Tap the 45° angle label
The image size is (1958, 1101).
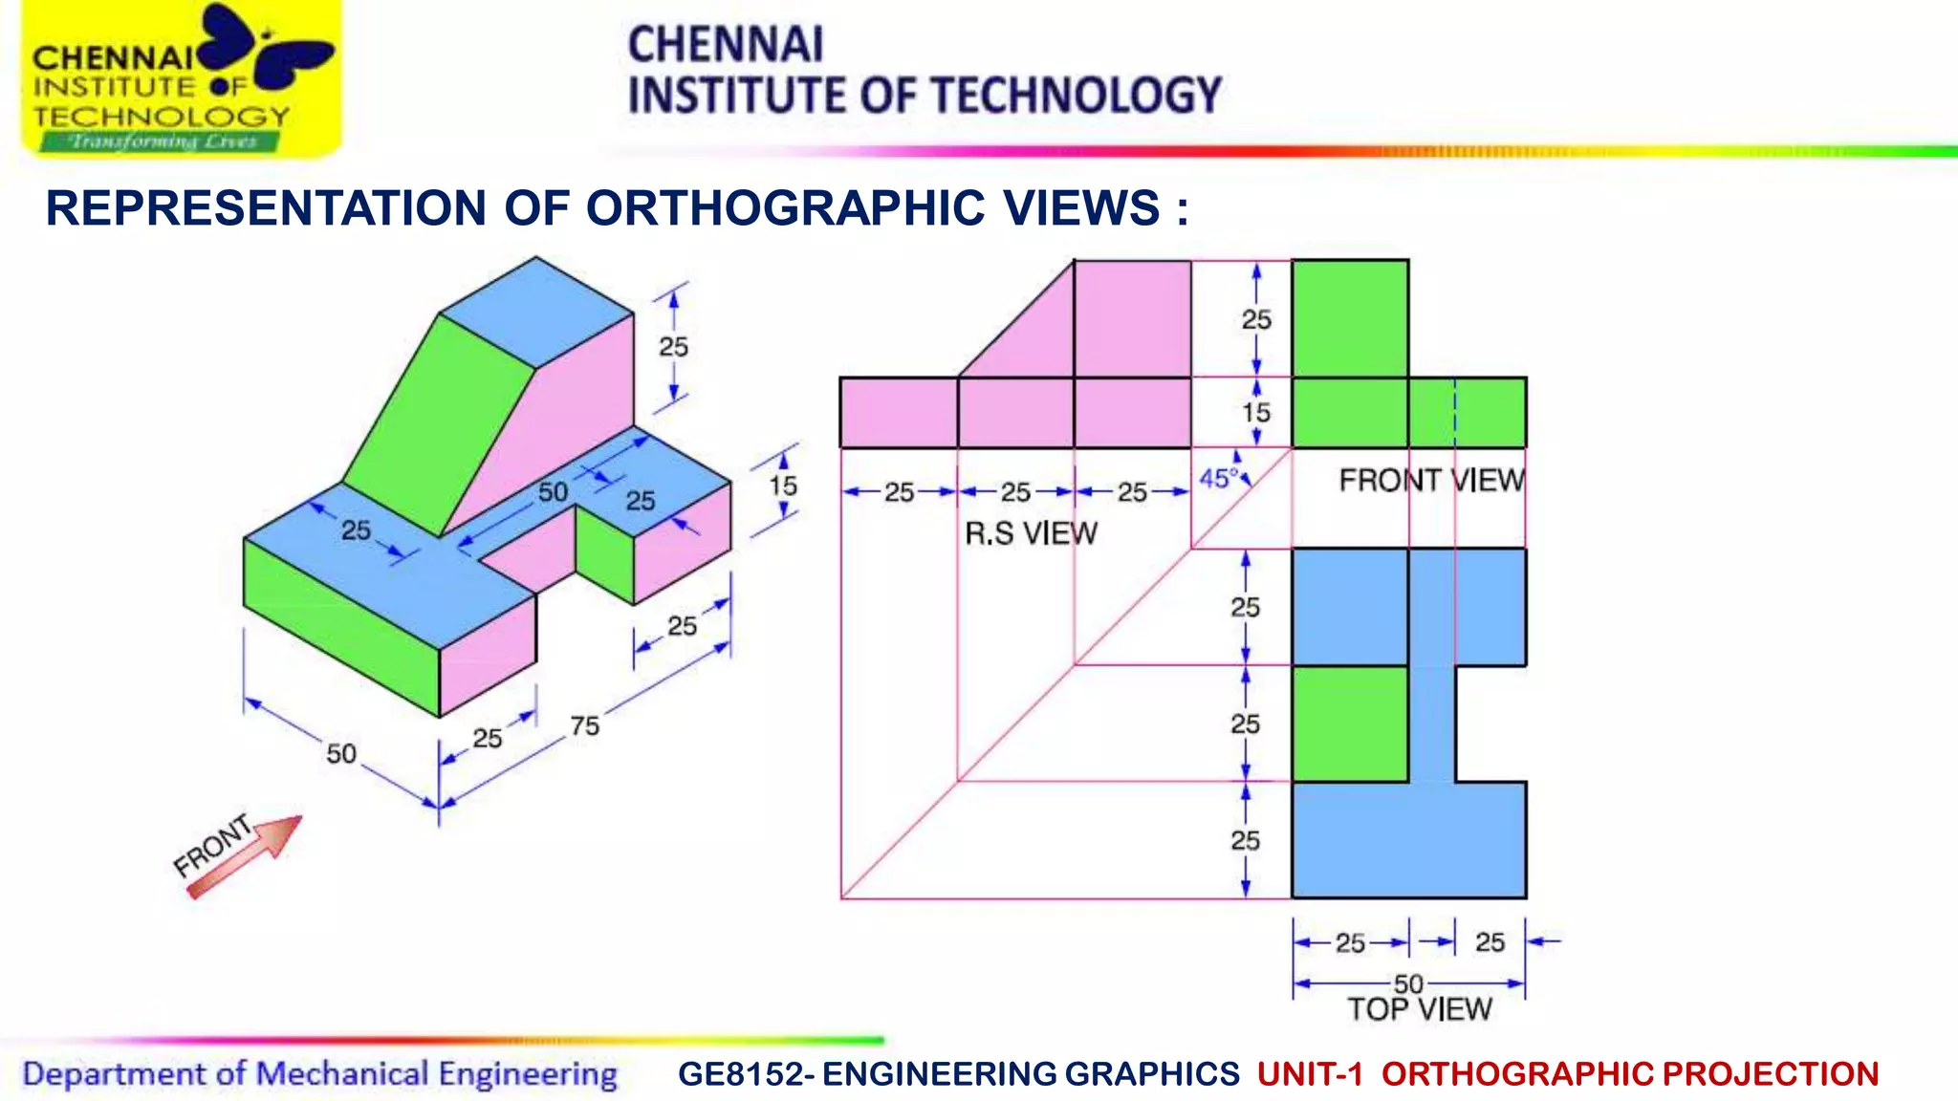click(1218, 478)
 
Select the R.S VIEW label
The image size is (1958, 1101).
click(1031, 533)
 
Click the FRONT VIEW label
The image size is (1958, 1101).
click(1431, 480)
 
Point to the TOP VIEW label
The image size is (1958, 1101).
click(1419, 1009)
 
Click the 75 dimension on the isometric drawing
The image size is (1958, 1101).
click(585, 726)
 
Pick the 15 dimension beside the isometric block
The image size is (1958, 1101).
click(783, 486)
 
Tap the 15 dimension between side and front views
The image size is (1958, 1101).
click(1255, 413)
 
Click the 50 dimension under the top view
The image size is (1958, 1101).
click(1408, 983)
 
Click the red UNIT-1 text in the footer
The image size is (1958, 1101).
click(1309, 1074)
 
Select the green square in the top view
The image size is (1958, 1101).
click(1349, 723)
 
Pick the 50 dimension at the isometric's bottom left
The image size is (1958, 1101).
click(341, 754)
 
